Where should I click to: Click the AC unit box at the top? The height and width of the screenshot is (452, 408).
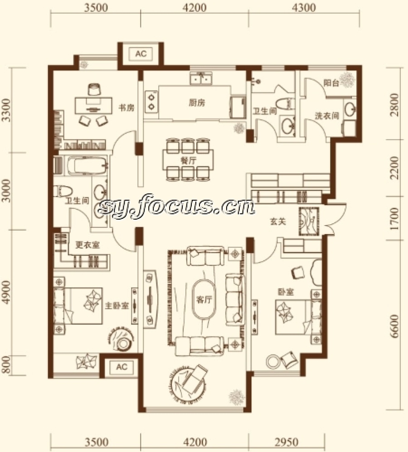141,53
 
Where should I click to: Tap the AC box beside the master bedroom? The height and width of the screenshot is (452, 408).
121,367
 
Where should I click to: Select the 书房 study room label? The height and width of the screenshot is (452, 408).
126,107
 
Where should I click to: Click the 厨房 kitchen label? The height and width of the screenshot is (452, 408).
197,103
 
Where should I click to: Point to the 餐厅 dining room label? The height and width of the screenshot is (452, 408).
189,160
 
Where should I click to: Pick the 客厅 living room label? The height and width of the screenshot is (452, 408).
204,300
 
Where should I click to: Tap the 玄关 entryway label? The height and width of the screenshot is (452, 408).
278,221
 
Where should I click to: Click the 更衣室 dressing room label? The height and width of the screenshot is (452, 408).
87,245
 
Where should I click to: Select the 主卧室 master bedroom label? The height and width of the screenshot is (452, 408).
117,305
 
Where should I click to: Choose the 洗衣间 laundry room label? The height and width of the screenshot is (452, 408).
327,116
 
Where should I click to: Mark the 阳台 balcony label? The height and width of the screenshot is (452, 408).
331,83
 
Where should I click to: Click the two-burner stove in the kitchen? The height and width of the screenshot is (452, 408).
151,101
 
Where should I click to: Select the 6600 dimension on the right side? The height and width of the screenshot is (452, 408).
394,326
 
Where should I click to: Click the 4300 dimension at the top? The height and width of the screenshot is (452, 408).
304,7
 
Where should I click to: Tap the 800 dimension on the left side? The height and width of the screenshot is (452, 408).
6,365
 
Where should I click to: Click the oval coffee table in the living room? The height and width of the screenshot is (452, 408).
204,299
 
